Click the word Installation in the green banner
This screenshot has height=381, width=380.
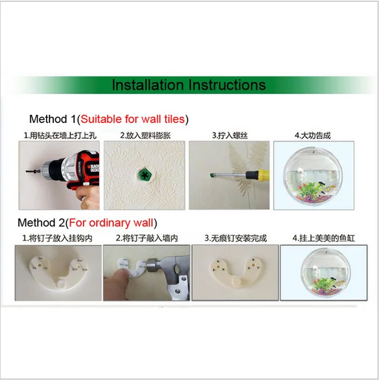[148, 85]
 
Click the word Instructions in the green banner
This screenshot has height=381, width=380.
[227, 85]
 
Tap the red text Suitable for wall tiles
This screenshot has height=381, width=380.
[133, 119]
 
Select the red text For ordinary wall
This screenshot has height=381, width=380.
[111, 223]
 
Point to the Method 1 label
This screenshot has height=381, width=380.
[53, 119]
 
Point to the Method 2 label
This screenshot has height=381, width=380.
[41, 223]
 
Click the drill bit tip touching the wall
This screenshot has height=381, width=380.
[26, 172]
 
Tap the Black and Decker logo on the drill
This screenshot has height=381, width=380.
[95, 168]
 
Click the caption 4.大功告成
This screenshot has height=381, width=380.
[313, 136]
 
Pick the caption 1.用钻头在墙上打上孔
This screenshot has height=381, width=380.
[60, 136]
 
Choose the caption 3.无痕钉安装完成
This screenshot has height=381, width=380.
[236, 238]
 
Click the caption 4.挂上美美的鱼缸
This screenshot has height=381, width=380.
[323, 238]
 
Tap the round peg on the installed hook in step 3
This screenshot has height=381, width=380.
[236, 282]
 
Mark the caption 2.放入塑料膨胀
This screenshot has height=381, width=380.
[145, 136]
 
